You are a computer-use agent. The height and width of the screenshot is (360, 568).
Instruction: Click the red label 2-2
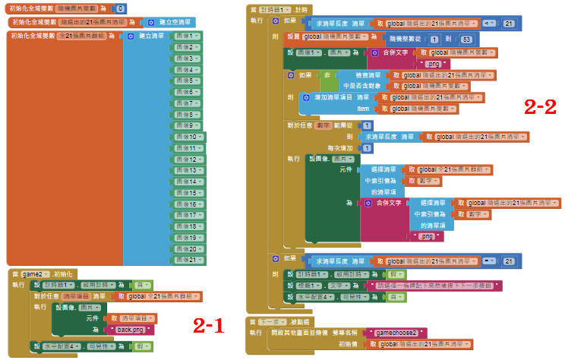(540, 106)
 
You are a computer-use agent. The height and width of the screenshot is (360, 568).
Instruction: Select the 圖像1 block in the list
(187, 36)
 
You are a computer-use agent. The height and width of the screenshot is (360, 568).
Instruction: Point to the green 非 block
(327, 76)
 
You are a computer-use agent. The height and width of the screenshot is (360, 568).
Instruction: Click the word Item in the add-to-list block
(363, 109)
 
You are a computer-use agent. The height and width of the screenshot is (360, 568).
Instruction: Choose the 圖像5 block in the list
(187, 81)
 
